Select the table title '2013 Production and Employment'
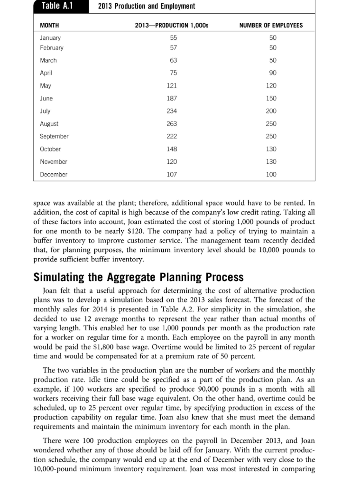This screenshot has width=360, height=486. (x=146, y=6)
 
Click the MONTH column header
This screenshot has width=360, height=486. (x=49, y=25)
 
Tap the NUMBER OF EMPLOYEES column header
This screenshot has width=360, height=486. (x=272, y=25)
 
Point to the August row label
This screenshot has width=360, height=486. (x=49, y=124)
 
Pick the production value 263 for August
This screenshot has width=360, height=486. (x=172, y=124)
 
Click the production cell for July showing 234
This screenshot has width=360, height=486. (x=172, y=111)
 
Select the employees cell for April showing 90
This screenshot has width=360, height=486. (x=272, y=73)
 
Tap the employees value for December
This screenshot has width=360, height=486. (x=272, y=174)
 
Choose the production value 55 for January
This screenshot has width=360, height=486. (x=172, y=37)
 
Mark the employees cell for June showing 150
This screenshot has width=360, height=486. (x=272, y=98)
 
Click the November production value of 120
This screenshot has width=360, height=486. (x=172, y=162)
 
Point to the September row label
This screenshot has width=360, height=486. (x=54, y=136)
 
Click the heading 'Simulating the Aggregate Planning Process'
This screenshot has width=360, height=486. (x=138, y=277)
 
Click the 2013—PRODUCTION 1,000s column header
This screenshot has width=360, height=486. (x=172, y=25)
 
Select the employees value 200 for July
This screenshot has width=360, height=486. (x=272, y=111)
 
